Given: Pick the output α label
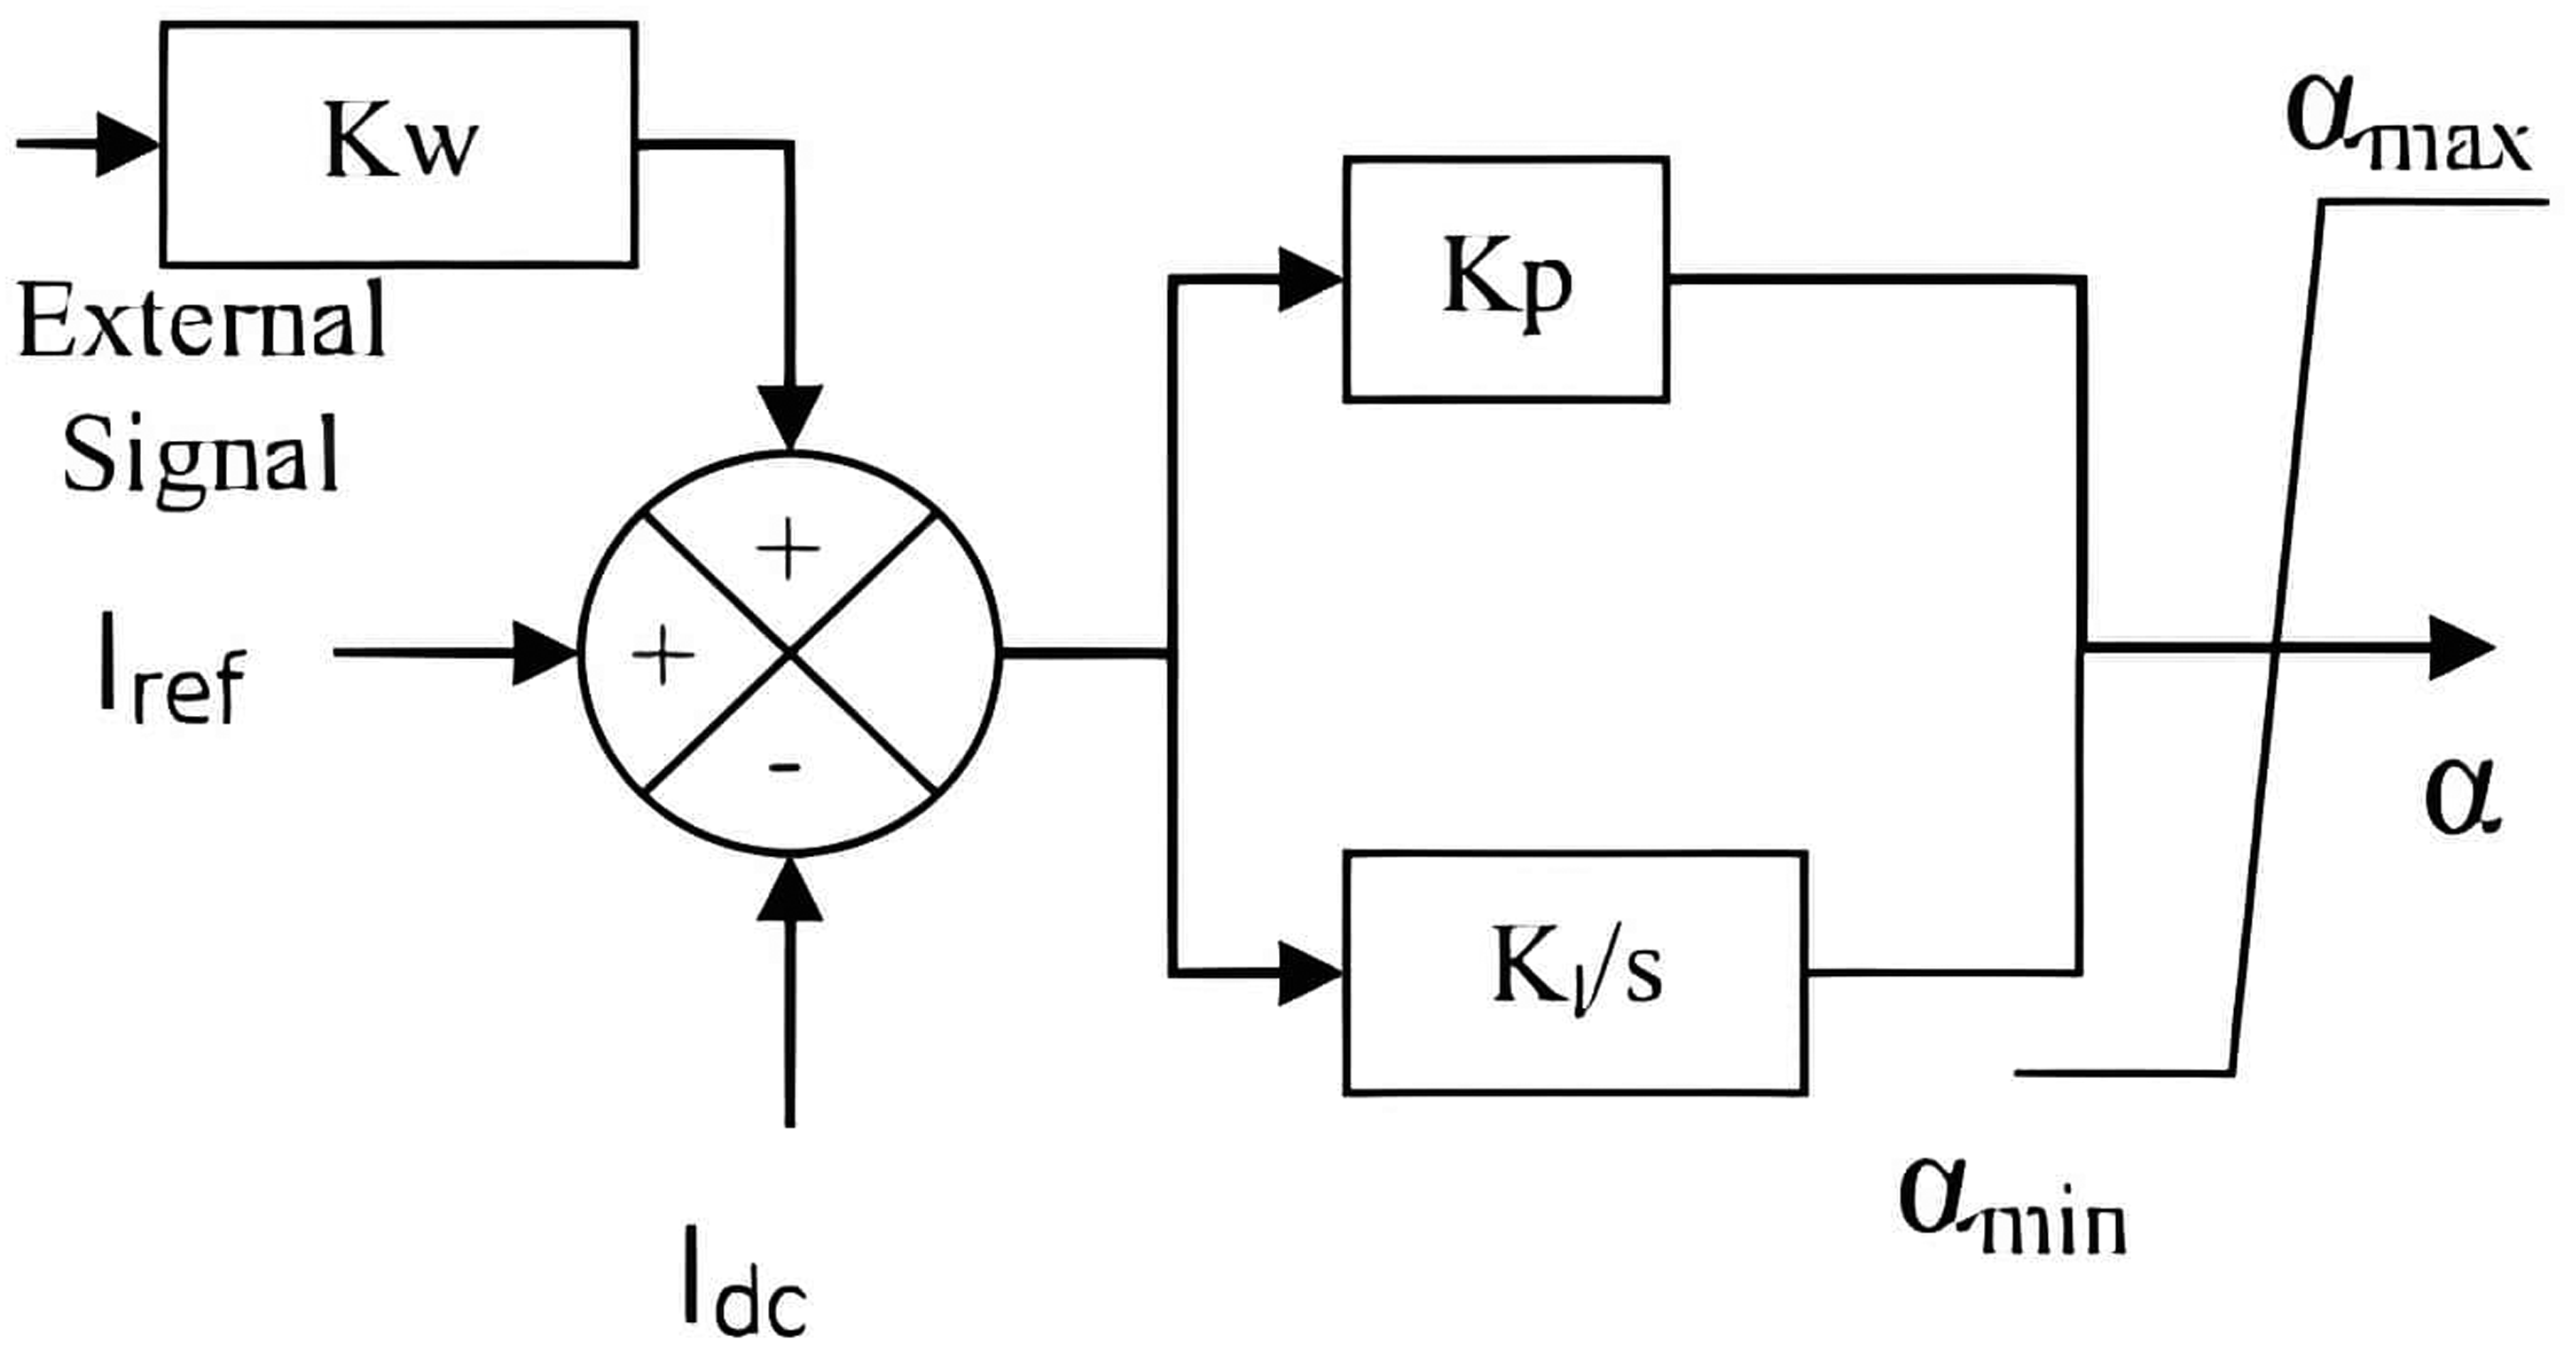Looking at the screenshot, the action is tap(2464, 797).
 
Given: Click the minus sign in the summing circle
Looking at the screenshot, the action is tap(785, 767).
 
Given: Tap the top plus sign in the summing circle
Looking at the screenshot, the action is tap(788, 548).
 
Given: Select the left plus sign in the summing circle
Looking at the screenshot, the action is tap(663, 655).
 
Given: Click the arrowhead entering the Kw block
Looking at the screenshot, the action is tap(128, 145).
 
